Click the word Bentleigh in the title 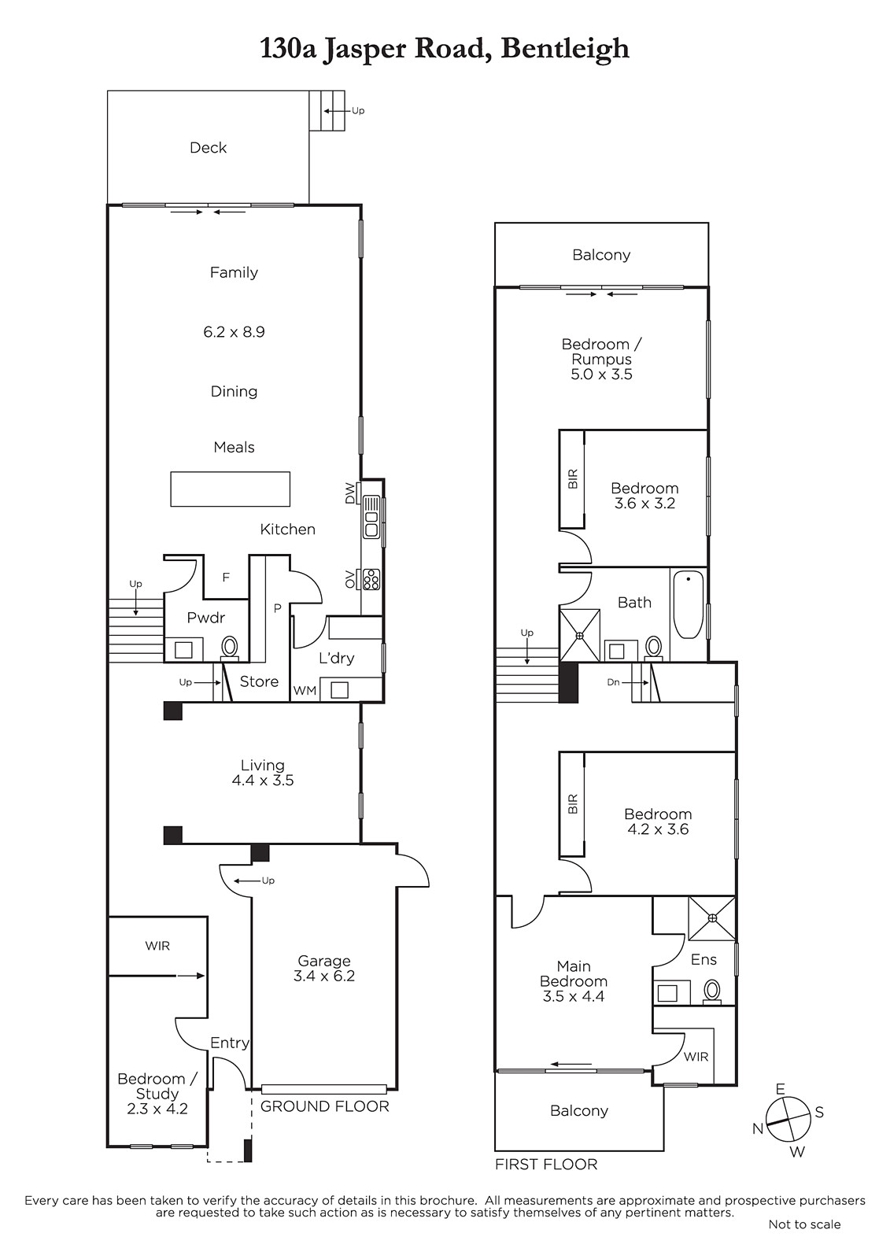pyautogui.click(x=564, y=50)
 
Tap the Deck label pyautogui.click(x=208, y=147)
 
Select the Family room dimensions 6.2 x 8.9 pyautogui.click(x=234, y=331)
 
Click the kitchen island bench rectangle pyautogui.click(x=231, y=489)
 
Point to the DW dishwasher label pyautogui.click(x=350, y=493)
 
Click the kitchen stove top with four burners pyautogui.click(x=371, y=579)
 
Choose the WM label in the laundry pyautogui.click(x=305, y=690)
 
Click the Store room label pyautogui.click(x=259, y=681)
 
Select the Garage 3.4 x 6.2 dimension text pyautogui.click(x=324, y=976)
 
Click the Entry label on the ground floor pyautogui.click(x=230, y=1043)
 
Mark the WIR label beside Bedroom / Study pyautogui.click(x=157, y=946)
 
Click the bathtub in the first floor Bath pyautogui.click(x=689, y=605)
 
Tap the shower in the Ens pyautogui.click(x=712, y=917)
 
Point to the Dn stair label pyautogui.click(x=613, y=681)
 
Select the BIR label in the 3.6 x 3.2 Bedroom pyautogui.click(x=573, y=479)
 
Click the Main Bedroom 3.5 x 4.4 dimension pyautogui.click(x=574, y=996)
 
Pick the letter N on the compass pyautogui.click(x=758, y=1128)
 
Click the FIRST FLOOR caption pyautogui.click(x=546, y=1164)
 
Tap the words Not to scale pyautogui.click(x=804, y=1224)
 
